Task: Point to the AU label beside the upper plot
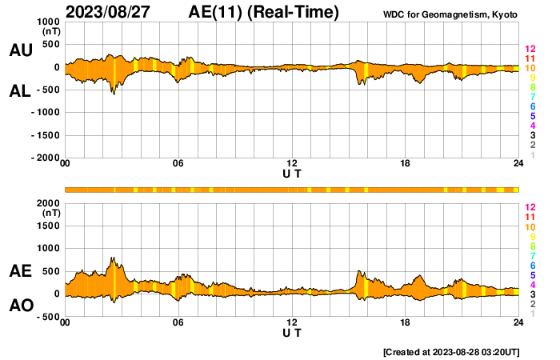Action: tap(20, 50)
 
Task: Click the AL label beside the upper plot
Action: tap(20, 91)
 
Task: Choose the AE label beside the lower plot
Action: tap(20, 272)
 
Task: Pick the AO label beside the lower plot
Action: tap(20, 305)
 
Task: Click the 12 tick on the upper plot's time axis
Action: tap(292, 163)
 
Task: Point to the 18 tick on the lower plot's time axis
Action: tap(406, 322)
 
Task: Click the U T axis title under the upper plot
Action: tap(292, 173)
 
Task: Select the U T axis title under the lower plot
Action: tap(292, 331)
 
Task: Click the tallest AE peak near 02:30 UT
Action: tap(113, 258)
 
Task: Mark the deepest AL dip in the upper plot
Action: tap(113, 94)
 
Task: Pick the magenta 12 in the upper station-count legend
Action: tap(530, 50)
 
